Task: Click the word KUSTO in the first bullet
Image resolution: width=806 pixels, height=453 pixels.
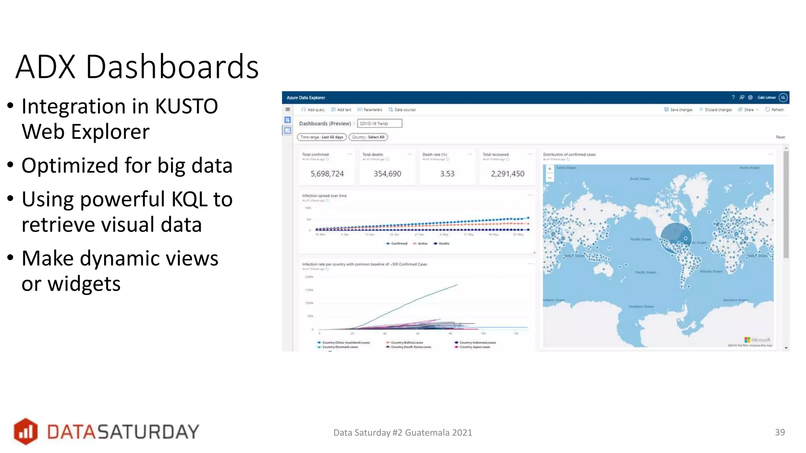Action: (x=187, y=107)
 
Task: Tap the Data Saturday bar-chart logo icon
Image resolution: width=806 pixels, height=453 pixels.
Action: (x=26, y=431)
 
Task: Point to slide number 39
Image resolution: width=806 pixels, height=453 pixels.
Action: (x=780, y=432)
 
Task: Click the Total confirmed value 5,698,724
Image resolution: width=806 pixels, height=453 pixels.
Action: (x=327, y=174)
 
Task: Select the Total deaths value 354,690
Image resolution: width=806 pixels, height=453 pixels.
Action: (x=387, y=174)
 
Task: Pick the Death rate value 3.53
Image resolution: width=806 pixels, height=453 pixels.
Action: (x=447, y=174)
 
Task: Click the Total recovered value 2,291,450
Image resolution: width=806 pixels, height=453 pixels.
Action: (x=507, y=174)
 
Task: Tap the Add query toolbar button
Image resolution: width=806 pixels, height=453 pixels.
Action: (x=313, y=110)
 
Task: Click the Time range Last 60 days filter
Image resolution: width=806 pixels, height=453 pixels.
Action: (x=322, y=137)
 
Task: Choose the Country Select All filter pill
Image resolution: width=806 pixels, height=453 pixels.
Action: (x=368, y=137)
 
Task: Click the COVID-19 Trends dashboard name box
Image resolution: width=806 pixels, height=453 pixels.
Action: (x=379, y=123)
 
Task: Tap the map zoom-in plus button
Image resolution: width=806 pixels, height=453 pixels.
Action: (x=549, y=169)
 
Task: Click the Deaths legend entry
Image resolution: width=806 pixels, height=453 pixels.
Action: (x=442, y=244)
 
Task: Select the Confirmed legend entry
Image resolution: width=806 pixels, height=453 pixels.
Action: (x=397, y=244)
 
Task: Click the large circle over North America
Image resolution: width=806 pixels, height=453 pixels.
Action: (x=675, y=238)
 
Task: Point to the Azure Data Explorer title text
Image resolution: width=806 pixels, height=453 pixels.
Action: (x=306, y=98)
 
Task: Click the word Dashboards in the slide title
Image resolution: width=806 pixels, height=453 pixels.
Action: (x=172, y=67)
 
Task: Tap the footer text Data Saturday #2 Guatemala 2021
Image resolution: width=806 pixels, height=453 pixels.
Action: (x=403, y=433)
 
